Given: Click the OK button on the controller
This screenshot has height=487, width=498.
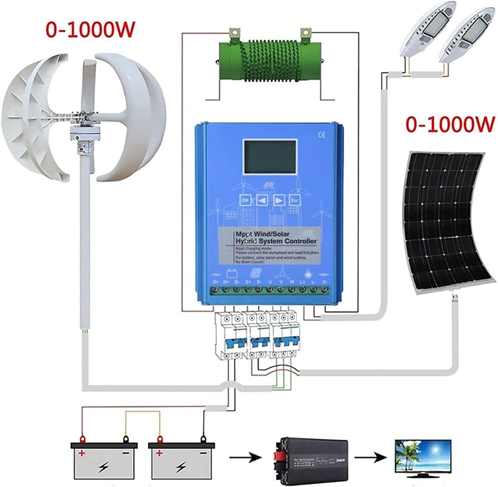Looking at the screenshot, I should tap(245, 200).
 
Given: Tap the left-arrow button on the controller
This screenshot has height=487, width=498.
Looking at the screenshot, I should tap(262, 200).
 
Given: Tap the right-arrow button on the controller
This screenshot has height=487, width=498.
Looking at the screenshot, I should tap(279, 200).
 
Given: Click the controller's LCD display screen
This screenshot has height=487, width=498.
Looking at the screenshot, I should tap(270, 157).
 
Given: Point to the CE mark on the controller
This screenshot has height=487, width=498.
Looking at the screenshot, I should tap(321, 135).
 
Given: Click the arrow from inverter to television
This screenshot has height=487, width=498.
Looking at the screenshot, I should tap(370, 458).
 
